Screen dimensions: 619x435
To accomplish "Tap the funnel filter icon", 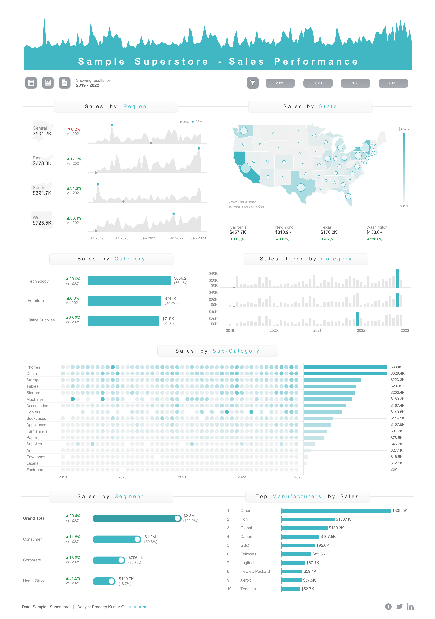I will coord(253,83).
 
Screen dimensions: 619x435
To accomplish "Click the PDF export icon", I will coord(64,83).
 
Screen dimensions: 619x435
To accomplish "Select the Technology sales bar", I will coord(129,280).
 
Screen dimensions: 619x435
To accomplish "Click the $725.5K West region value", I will coord(42,223).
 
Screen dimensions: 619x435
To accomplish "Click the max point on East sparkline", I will coord(199,148).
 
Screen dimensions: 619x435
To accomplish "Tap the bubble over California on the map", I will coord(246,168).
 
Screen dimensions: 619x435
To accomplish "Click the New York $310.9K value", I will coord(283,232).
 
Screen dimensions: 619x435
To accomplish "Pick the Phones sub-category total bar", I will coord(345,367).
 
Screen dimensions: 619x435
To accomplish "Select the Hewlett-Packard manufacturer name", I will coord(255,571).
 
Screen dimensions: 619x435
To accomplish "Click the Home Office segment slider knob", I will coord(112,581).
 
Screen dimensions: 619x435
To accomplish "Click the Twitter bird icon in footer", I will coord(399,607).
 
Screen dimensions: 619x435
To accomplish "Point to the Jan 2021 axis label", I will coord(148,238).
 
